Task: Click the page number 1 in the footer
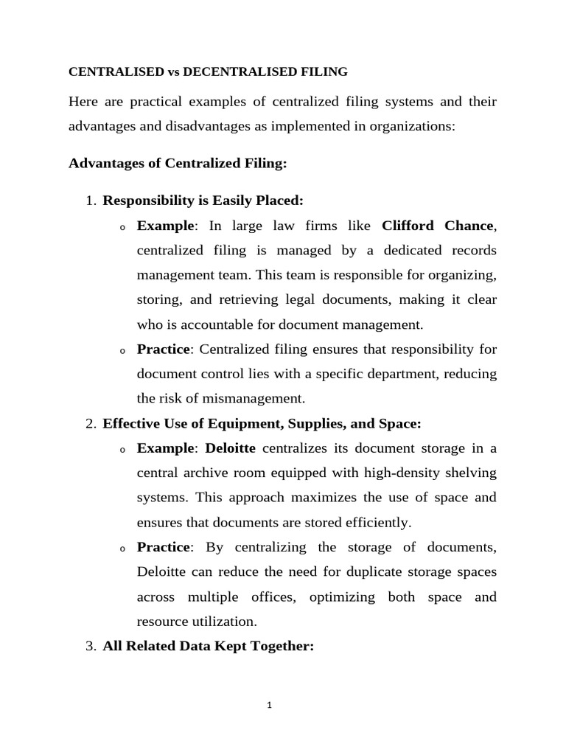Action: (x=270, y=705)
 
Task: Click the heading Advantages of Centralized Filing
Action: (x=177, y=164)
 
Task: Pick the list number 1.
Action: (x=91, y=201)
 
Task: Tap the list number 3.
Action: (x=91, y=647)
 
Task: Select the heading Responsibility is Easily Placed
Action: (x=203, y=201)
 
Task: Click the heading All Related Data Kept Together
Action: (x=209, y=647)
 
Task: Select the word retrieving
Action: (x=260, y=299)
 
